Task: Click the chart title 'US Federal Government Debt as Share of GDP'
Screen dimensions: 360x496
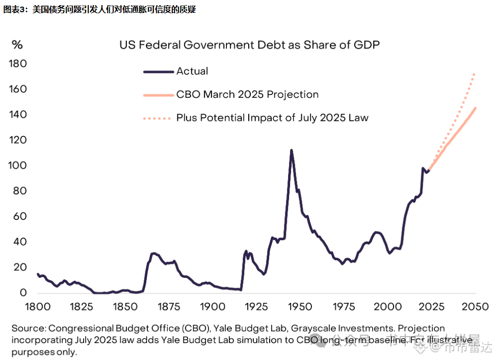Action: tap(250, 45)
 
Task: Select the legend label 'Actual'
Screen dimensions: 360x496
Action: tap(192, 71)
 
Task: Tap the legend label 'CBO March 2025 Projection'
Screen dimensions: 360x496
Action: tap(247, 94)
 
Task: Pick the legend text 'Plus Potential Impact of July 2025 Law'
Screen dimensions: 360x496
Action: tap(272, 118)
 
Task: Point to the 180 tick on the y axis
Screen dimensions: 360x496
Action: tap(18, 64)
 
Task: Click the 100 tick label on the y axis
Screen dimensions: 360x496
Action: tap(18, 166)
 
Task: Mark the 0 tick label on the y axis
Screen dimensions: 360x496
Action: tap(23, 293)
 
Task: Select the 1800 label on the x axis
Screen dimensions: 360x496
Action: tap(38, 307)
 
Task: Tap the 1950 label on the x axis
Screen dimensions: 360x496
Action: tap(300, 307)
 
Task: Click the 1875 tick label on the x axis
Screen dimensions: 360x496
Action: tap(169, 307)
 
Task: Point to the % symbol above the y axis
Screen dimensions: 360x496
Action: tap(17, 45)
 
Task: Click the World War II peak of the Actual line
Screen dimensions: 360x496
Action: tap(291, 150)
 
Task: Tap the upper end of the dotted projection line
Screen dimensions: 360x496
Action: tap(475, 74)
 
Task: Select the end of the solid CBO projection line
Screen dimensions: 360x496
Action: tap(476, 108)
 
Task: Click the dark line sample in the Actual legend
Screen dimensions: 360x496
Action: tap(159, 72)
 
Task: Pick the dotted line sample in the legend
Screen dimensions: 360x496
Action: tap(159, 118)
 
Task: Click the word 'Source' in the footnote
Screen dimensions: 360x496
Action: tap(29, 328)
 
